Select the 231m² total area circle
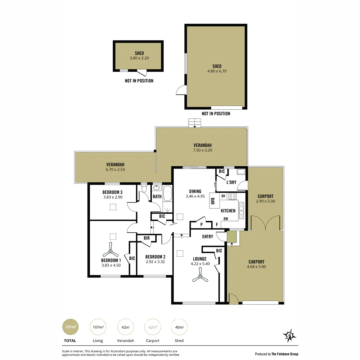71,327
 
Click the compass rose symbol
289,336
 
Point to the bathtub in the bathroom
167,193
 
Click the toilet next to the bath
144,189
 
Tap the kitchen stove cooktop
232,196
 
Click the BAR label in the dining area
212,201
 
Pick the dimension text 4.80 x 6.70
217,71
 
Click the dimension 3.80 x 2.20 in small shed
139,58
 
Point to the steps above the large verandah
195,123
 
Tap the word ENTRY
207,237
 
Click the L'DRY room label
231,182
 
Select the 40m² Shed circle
179,327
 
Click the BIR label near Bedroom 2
147,238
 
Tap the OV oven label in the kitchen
223,196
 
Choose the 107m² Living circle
98,327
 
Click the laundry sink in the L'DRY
241,172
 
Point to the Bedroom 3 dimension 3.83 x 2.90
113,197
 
